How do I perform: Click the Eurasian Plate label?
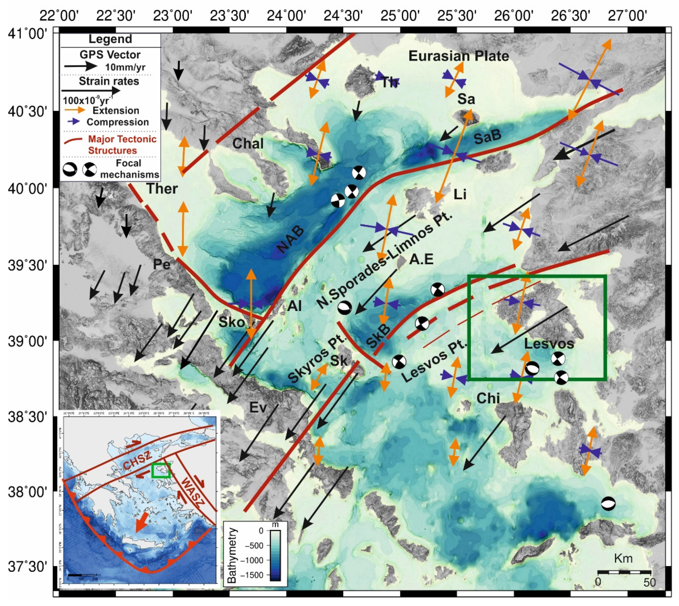[459, 56]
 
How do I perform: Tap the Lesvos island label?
[549, 343]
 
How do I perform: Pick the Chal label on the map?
[248, 144]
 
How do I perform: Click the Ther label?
[162, 189]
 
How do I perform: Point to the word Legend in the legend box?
[110, 39]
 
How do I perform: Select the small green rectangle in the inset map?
[161, 470]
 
